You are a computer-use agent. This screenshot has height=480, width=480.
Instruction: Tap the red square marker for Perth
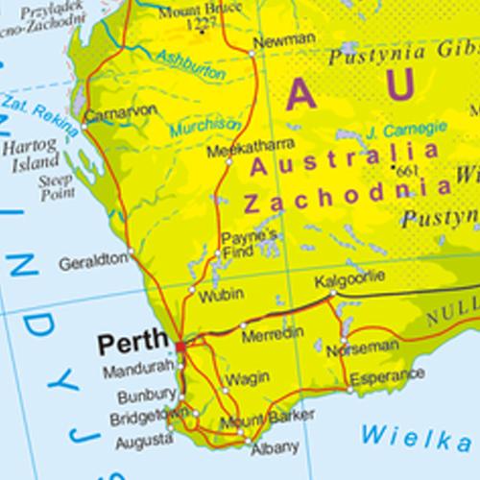[180, 342]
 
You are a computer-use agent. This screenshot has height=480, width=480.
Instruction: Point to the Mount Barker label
[256, 422]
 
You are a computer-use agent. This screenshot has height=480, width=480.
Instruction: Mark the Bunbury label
[147, 396]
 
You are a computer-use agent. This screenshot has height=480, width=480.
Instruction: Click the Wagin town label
[248, 380]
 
